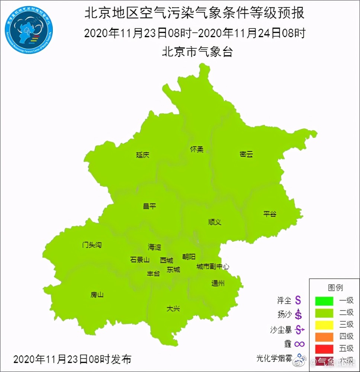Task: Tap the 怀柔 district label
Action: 197,150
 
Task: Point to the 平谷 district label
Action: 270,214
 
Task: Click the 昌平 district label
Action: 150,206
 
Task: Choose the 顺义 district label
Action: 215,222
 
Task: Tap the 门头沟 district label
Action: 91,245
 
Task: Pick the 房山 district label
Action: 97,295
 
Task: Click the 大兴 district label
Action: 173,308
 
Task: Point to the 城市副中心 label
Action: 213,267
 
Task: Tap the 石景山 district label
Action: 140,260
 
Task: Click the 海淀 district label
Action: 155,247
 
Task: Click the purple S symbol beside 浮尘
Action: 298,299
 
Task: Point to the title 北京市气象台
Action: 197,52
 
